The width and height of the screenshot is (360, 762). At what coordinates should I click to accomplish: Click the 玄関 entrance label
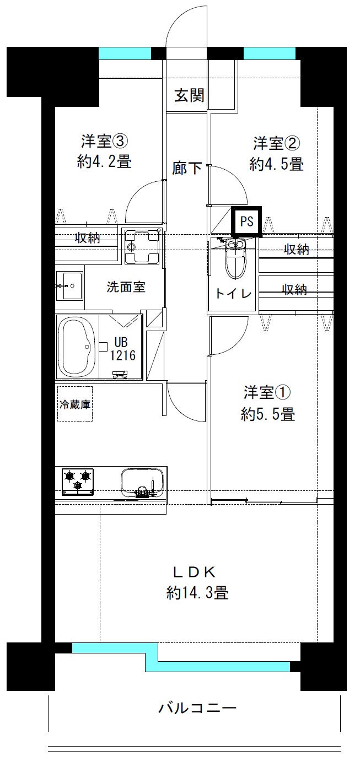pyautogui.click(x=189, y=95)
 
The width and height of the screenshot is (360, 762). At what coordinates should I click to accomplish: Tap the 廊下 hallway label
pyautogui.click(x=187, y=168)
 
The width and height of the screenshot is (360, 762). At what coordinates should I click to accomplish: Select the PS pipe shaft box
pyautogui.click(x=246, y=222)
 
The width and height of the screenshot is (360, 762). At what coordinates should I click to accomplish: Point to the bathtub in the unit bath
pyautogui.click(x=77, y=347)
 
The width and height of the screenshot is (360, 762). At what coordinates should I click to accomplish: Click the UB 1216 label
pyautogui.click(x=123, y=349)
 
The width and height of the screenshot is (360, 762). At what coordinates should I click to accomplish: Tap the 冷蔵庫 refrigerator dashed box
pyautogui.click(x=75, y=404)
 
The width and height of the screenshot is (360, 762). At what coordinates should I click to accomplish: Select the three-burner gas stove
pyautogui.click(x=78, y=482)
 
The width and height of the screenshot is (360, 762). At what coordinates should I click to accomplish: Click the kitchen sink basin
pyautogui.click(x=142, y=483)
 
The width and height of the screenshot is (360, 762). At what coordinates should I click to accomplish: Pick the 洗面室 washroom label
pyautogui.click(x=126, y=287)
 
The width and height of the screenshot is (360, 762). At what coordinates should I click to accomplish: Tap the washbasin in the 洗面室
pyautogui.click(x=69, y=286)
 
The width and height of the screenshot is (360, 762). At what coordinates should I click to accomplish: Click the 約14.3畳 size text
pyautogui.click(x=197, y=593)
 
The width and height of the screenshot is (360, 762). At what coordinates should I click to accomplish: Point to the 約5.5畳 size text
pyautogui.click(x=268, y=414)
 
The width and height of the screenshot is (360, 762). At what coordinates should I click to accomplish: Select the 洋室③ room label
pyautogui.click(x=104, y=141)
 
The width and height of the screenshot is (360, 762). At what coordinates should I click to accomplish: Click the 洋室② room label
pyautogui.click(x=277, y=143)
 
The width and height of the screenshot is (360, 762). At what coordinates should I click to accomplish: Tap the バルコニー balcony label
pyautogui.click(x=197, y=708)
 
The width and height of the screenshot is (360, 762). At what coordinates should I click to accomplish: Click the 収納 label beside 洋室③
pyautogui.click(x=88, y=238)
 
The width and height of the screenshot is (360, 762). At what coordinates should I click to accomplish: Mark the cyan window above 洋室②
pyautogui.click(x=270, y=53)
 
